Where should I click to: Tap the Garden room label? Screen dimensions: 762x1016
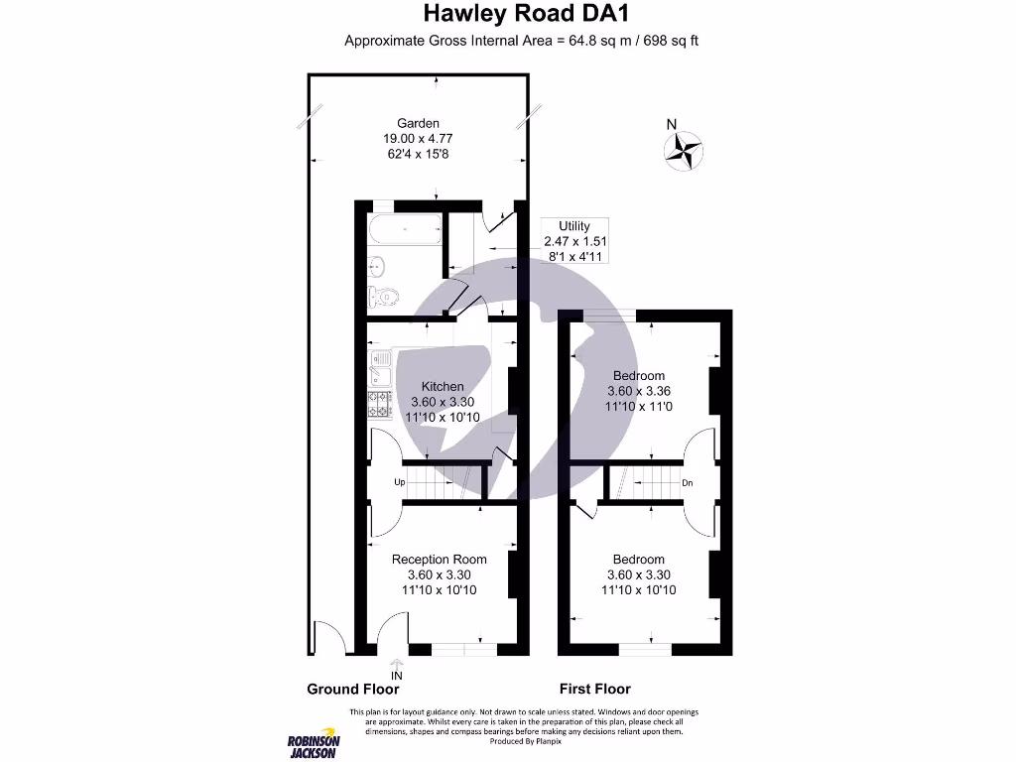tap(418, 123)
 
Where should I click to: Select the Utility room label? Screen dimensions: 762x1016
tap(574, 226)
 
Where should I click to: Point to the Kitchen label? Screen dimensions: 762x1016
tap(442, 386)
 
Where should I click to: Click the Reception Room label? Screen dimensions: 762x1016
tap(439, 560)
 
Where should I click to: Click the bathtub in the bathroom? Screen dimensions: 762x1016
tap(405, 232)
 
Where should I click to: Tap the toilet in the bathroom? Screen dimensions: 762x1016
tap(384, 296)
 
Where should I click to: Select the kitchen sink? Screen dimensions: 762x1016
tap(378, 368)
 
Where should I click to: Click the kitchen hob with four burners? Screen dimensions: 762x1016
tap(379, 403)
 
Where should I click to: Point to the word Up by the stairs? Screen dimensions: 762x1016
tap(400, 482)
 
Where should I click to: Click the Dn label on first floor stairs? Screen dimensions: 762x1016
tap(687, 483)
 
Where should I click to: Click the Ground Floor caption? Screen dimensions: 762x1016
tap(352, 689)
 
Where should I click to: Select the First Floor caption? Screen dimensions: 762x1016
tap(594, 689)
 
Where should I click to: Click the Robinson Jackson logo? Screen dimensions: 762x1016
tap(314, 744)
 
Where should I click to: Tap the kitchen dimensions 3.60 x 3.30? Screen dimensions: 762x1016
tap(442, 402)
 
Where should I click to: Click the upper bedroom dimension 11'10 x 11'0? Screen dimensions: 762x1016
tap(638, 407)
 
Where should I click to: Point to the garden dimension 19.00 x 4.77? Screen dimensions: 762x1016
tap(418, 139)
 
